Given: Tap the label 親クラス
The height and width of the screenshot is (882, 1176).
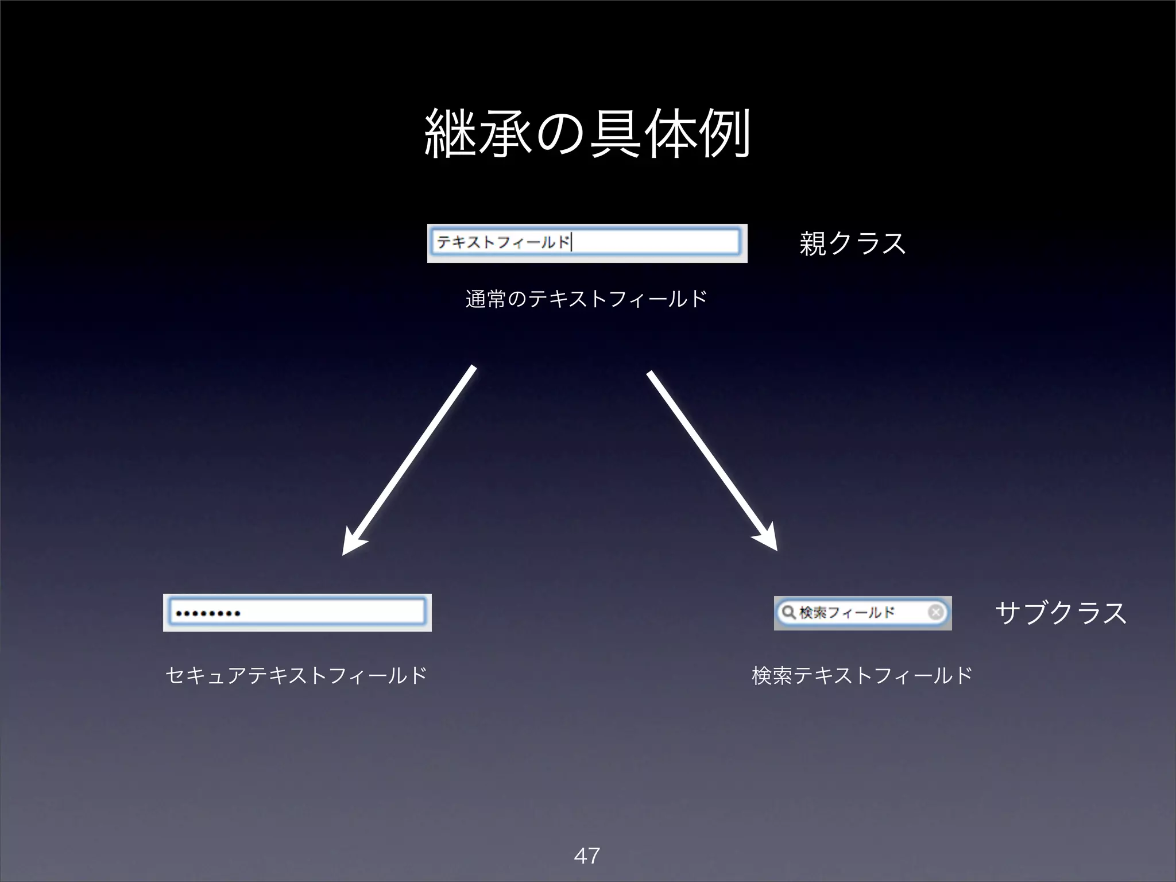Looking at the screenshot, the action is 852,243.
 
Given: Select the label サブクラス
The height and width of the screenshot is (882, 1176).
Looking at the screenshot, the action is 1060,613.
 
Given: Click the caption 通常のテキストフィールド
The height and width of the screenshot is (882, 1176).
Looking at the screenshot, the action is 586,299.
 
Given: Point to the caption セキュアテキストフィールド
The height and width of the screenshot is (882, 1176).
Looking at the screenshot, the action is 296,675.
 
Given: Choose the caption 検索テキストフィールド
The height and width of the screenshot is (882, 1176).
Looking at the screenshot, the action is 862,675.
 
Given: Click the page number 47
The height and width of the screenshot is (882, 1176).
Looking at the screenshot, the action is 587,856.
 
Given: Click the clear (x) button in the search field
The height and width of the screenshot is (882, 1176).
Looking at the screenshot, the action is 935,612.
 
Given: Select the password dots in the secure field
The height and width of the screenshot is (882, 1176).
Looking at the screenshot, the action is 208,613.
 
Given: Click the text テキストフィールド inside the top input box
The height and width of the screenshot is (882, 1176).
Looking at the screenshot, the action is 503,242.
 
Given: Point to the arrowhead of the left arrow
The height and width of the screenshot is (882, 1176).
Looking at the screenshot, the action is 350,546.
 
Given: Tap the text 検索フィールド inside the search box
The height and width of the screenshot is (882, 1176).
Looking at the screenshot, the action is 847,613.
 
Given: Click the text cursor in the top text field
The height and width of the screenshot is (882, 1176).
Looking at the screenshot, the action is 572,242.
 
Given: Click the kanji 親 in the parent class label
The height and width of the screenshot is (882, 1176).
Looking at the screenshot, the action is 813,243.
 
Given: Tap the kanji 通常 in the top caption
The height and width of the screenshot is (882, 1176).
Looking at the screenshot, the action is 486,299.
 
